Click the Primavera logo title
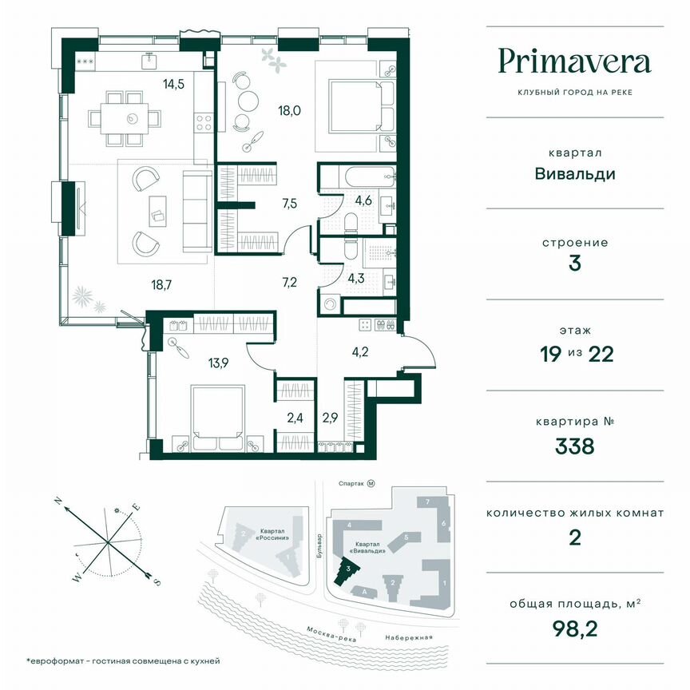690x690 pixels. click(x=575, y=61)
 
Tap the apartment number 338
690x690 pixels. click(x=575, y=446)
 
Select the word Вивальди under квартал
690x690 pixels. click(x=575, y=172)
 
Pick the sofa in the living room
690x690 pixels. click(x=196, y=209)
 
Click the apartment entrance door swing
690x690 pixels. click(x=419, y=351)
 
